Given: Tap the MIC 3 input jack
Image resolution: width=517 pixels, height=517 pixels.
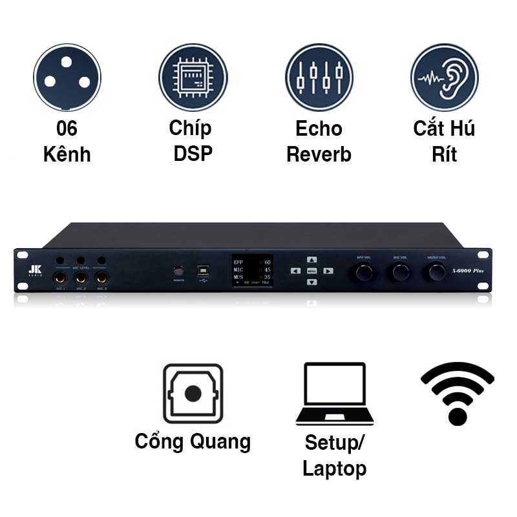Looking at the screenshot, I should (x=101, y=279).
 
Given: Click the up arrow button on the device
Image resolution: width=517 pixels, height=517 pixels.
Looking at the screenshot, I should (x=311, y=259).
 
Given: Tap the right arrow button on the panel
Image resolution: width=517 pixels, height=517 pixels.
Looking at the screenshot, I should (x=328, y=271).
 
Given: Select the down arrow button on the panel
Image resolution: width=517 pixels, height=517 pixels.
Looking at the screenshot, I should (x=311, y=282).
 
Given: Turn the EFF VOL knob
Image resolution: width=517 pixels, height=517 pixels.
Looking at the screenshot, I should (x=363, y=273).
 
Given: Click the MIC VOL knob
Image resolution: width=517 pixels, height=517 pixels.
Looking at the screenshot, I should (x=400, y=273).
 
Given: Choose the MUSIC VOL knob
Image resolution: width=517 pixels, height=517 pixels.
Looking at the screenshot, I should (x=437, y=273).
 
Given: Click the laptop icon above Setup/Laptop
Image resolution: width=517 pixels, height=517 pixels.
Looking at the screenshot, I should (x=335, y=394).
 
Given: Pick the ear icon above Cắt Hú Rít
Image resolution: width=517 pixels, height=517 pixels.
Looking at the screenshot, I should (x=444, y=77).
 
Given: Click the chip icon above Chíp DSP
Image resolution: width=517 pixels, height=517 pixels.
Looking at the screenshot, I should (x=193, y=77).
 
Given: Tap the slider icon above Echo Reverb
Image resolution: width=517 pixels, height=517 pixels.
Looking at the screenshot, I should (x=319, y=77).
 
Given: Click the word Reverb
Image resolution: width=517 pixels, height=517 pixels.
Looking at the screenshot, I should (x=319, y=155).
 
